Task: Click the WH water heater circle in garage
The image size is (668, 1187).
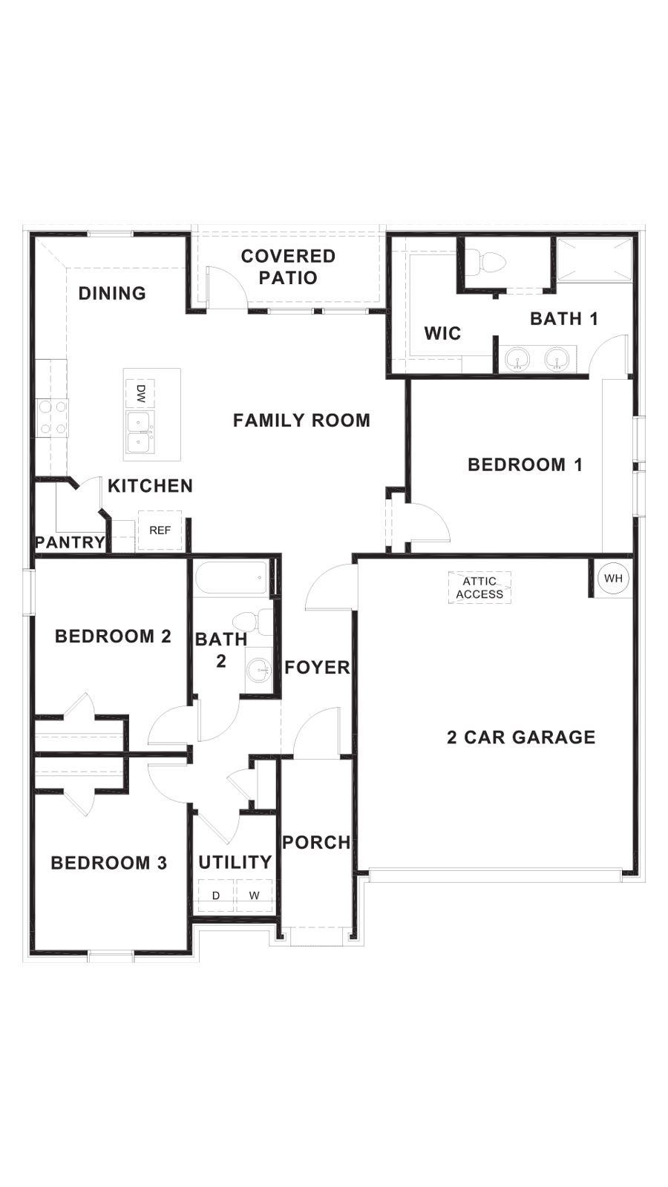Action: coord(613,578)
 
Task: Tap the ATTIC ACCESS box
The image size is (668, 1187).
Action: coord(479,587)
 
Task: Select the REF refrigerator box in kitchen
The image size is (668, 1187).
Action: coord(160,530)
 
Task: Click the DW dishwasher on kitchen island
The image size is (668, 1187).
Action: coord(140,392)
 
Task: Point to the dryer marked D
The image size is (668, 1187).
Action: coord(216,895)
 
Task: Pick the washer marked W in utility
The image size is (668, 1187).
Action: coord(255,895)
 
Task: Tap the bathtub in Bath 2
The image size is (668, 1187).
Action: coord(232,577)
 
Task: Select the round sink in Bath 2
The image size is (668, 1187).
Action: coord(260,670)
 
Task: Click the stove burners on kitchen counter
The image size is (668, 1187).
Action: coord(52,418)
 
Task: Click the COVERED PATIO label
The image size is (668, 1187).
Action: coord(289,267)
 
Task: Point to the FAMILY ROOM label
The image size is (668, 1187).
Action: coord(301,421)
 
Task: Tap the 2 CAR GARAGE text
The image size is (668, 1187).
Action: coord(521,737)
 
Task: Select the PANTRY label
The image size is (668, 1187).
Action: coord(70,542)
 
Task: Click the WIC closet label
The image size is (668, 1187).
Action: coord(442,333)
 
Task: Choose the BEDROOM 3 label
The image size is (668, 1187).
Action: coord(109,863)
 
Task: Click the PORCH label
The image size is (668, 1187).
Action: coord(316,842)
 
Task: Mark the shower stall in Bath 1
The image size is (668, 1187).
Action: coord(593,259)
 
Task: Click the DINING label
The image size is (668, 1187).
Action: coord(112,293)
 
